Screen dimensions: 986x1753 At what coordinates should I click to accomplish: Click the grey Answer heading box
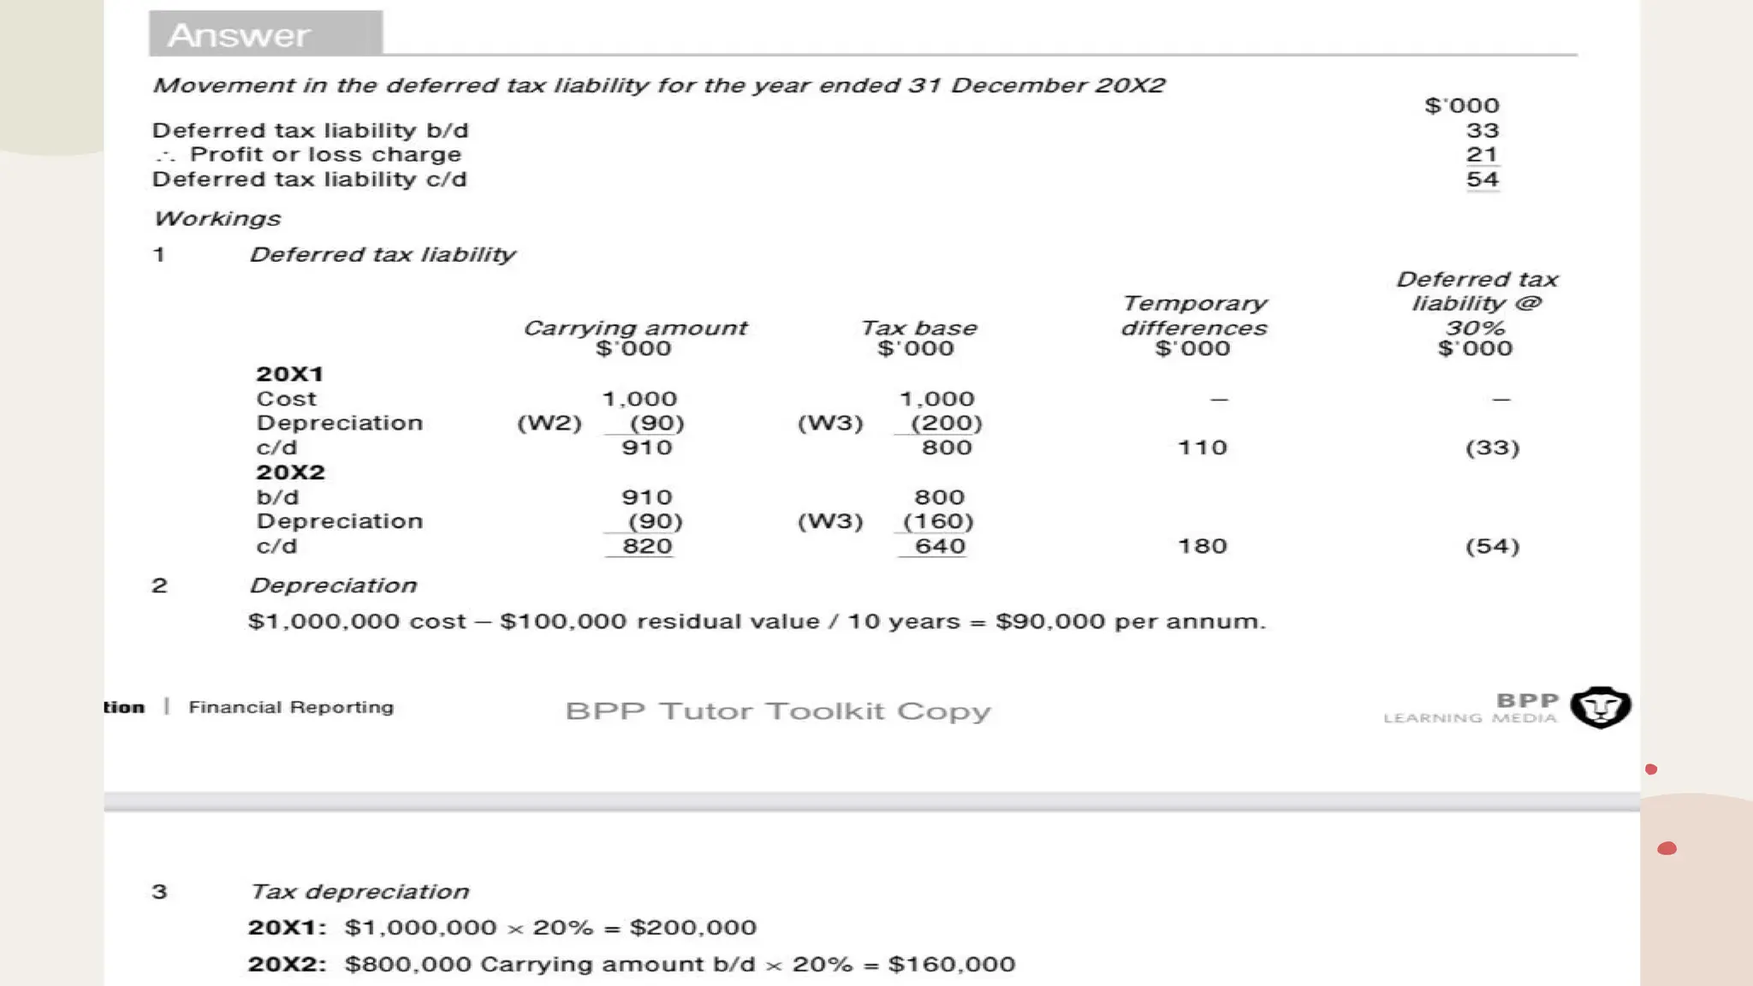point(265,34)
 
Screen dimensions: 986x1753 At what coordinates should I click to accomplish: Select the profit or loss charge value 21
point(1482,155)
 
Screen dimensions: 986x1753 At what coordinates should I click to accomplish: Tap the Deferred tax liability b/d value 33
point(1482,131)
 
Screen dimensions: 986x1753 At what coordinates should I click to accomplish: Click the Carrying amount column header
point(634,329)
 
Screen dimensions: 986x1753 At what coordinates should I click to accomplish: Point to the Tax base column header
point(918,329)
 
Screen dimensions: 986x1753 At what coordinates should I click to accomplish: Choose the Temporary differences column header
point(1194,316)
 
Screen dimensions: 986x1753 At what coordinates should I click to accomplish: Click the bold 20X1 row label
point(289,374)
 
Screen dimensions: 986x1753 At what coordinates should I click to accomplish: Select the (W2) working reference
point(549,424)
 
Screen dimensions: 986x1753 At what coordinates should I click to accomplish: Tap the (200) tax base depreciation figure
point(946,424)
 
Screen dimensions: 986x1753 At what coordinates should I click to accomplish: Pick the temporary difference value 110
point(1202,448)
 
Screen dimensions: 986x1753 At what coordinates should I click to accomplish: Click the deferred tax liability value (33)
point(1492,448)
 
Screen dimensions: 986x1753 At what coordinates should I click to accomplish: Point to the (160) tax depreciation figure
point(938,522)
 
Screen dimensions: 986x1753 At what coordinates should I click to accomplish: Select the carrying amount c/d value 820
point(647,546)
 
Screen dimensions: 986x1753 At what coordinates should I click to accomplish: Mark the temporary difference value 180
point(1202,546)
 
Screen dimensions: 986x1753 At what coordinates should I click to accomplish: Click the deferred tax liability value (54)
point(1492,546)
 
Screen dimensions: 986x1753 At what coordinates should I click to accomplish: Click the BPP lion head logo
point(1600,707)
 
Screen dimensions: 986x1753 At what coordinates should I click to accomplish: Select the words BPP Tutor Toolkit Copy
point(777,711)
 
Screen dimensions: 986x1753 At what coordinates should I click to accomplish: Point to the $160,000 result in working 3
point(951,965)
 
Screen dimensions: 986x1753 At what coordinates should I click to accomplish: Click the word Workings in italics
point(217,219)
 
